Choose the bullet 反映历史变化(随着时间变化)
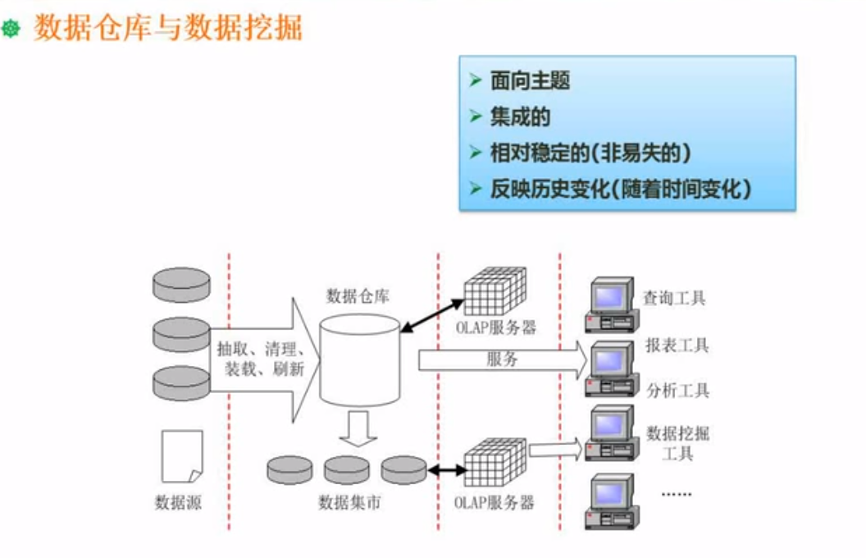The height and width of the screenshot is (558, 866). (x=621, y=189)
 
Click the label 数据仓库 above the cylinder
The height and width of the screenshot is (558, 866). (x=358, y=295)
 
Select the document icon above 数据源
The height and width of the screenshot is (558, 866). (x=181, y=455)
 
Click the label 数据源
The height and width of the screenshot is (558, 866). (x=178, y=501)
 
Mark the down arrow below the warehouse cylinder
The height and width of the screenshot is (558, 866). (x=358, y=428)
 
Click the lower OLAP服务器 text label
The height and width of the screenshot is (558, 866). (x=495, y=502)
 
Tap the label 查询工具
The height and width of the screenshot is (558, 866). (x=674, y=299)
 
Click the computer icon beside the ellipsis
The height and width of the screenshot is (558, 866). (x=611, y=501)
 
